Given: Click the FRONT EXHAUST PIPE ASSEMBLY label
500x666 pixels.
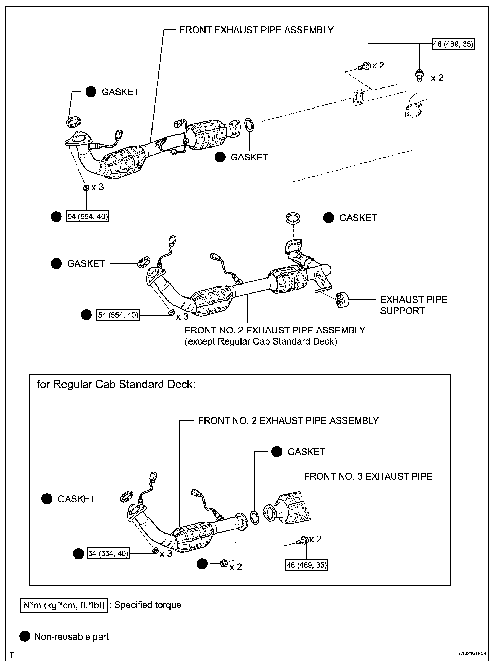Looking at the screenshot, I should [x=256, y=30].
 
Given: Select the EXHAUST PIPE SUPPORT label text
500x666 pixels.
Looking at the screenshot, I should [x=413, y=305].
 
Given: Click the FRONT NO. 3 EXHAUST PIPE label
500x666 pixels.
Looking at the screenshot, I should [x=368, y=476].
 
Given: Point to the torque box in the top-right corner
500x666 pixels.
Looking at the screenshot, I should [x=453, y=44].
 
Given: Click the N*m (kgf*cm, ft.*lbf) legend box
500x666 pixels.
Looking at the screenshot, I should [x=64, y=605].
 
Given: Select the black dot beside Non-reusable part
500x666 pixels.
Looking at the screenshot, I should [x=24, y=636].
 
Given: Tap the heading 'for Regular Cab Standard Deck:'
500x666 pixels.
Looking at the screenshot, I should [x=116, y=384].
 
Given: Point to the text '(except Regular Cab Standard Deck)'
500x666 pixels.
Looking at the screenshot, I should [x=261, y=341].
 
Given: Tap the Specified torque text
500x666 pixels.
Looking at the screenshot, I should [x=148, y=605].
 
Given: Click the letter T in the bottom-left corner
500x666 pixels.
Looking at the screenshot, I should [x=11, y=654].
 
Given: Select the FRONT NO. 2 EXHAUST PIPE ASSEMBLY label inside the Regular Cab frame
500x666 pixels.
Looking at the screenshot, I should [x=288, y=420].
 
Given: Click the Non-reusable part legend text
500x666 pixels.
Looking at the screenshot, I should [x=71, y=636].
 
